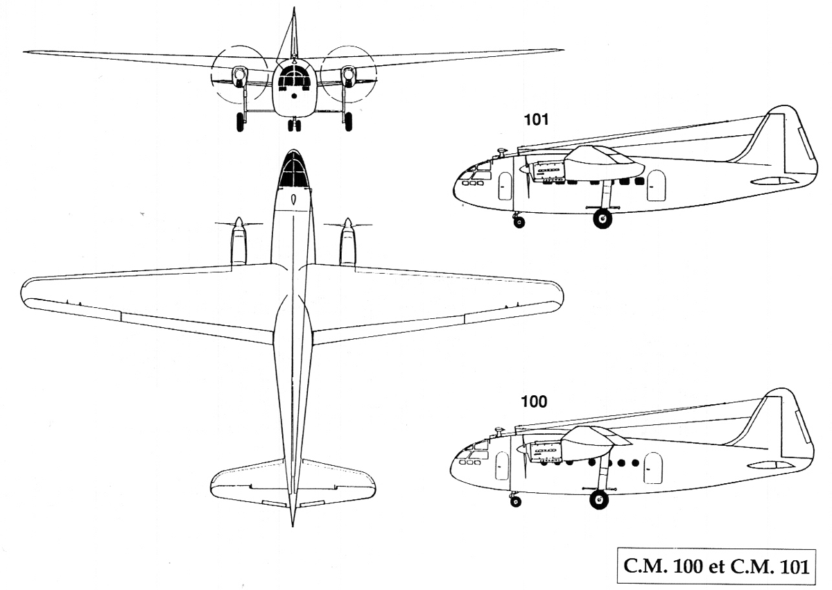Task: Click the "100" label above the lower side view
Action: (x=534, y=401)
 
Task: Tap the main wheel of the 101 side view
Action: (x=603, y=220)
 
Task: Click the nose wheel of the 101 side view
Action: (x=519, y=222)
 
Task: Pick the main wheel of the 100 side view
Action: (x=598, y=499)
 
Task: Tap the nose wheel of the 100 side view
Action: (x=515, y=501)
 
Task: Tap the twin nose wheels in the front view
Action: (x=294, y=125)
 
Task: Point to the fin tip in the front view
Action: (x=293, y=12)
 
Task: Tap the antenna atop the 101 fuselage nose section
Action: (x=501, y=150)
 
